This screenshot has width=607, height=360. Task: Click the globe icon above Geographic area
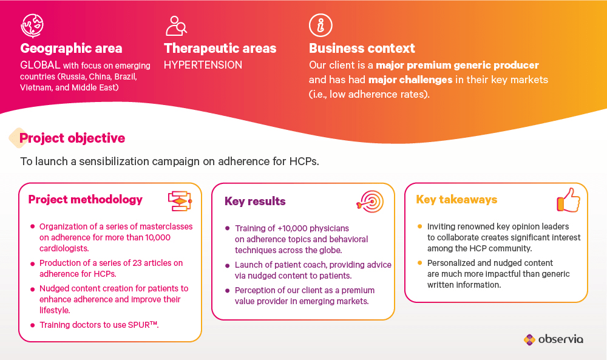[x=32, y=25]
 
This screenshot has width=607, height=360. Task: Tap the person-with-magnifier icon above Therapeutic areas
[x=176, y=26]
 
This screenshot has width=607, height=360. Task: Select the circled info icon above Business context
[x=320, y=25]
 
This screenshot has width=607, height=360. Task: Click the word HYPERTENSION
[x=203, y=64]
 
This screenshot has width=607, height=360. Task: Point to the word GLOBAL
[x=40, y=64]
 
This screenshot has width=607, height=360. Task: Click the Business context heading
[x=362, y=49]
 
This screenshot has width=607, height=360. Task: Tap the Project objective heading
[x=72, y=138]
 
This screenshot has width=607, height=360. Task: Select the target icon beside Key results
[x=370, y=202]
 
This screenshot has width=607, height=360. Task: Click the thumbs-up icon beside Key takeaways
[x=568, y=200]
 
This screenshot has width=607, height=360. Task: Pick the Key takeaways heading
[x=456, y=200]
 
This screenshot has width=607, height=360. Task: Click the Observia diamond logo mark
[x=529, y=339]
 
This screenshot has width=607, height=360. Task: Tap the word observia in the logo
[x=560, y=339]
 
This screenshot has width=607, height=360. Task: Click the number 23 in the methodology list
[x=137, y=263]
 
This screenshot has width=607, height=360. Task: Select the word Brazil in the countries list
[x=126, y=76]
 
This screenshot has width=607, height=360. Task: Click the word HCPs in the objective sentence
[x=304, y=161]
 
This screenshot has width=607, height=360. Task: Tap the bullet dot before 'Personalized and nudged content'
[x=419, y=263]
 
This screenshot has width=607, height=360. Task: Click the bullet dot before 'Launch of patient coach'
[x=227, y=265]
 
